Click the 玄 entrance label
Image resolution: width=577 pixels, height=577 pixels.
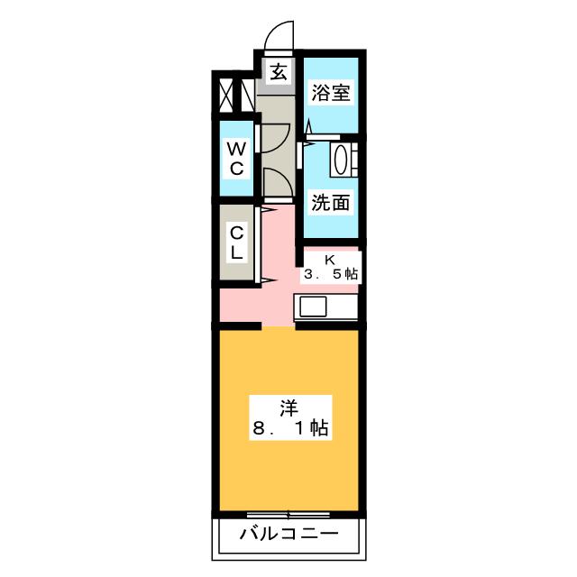(x=279, y=72)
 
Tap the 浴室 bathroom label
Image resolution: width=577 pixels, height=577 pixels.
(x=331, y=92)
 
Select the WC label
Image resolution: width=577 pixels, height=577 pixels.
(x=236, y=159)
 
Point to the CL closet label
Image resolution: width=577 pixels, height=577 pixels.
(x=236, y=243)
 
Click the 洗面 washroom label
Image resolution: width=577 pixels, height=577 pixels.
(x=330, y=202)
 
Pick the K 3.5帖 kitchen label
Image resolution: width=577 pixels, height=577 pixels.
(x=330, y=268)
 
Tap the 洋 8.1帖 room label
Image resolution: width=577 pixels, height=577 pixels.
(x=290, y=417)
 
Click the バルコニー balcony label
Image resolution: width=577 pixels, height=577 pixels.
(x=288, y=533)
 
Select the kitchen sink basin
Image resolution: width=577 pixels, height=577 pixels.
(x=313, y=307)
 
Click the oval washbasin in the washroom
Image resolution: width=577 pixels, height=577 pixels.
(x=339, y=160)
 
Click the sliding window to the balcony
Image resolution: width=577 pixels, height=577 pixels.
(x=288, y=514)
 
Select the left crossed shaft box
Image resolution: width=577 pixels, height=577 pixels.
(x=226, y=96)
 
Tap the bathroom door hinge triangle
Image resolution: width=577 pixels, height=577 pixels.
(x=309, y=126)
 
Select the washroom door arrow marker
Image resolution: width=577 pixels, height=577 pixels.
(x=308, y=143)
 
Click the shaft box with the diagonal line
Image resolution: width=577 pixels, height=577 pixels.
(x=247, y=96)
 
